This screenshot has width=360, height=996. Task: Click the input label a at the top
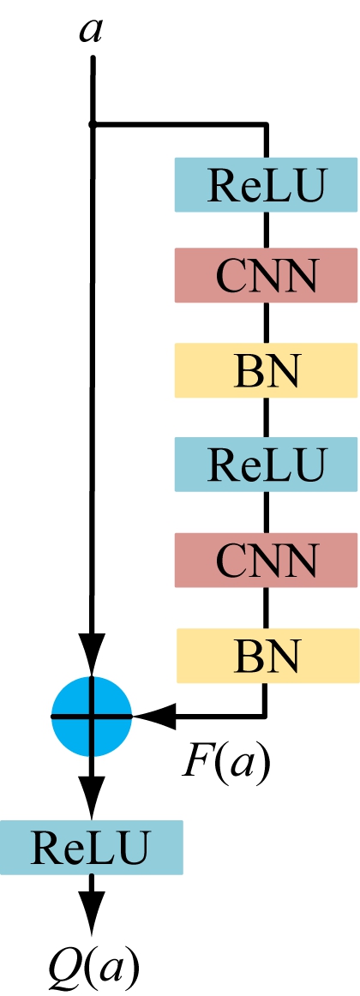91,31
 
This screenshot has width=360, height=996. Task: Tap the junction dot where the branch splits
92,125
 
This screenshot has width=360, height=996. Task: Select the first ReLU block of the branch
266,184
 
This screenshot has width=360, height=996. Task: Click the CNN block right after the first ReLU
266,276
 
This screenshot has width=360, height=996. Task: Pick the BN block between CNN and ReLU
266,370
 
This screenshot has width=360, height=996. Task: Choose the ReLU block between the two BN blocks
266,465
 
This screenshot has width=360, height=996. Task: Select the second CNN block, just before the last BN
266,560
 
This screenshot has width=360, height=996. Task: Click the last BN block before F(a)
267,656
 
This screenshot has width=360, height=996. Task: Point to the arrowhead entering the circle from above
92,656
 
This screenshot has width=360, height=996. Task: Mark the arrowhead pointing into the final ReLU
92,799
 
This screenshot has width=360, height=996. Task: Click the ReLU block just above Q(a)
92,848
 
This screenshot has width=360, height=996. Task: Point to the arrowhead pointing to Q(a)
92,911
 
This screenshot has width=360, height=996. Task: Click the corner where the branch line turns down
267,125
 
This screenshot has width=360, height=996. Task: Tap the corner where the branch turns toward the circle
267,717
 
